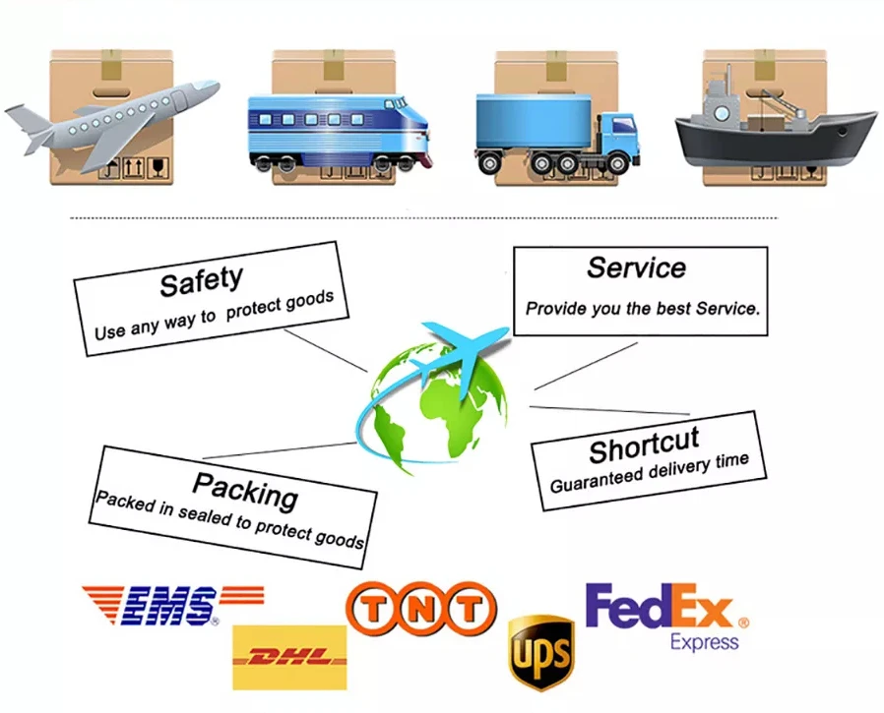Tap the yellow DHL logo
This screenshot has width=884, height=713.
(x=289, y=657)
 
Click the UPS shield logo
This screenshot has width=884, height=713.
(x=540, y=652)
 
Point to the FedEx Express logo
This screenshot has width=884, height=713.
(x=665, y=616)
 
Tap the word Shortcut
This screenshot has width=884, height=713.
(x=644, y=446)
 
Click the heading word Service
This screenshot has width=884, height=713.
(x=636, y=267)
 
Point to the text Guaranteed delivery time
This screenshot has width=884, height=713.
(x=650, y=473)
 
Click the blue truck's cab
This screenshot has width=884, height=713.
(x=616, y=139)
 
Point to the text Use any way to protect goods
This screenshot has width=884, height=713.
(x=214, y=315)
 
